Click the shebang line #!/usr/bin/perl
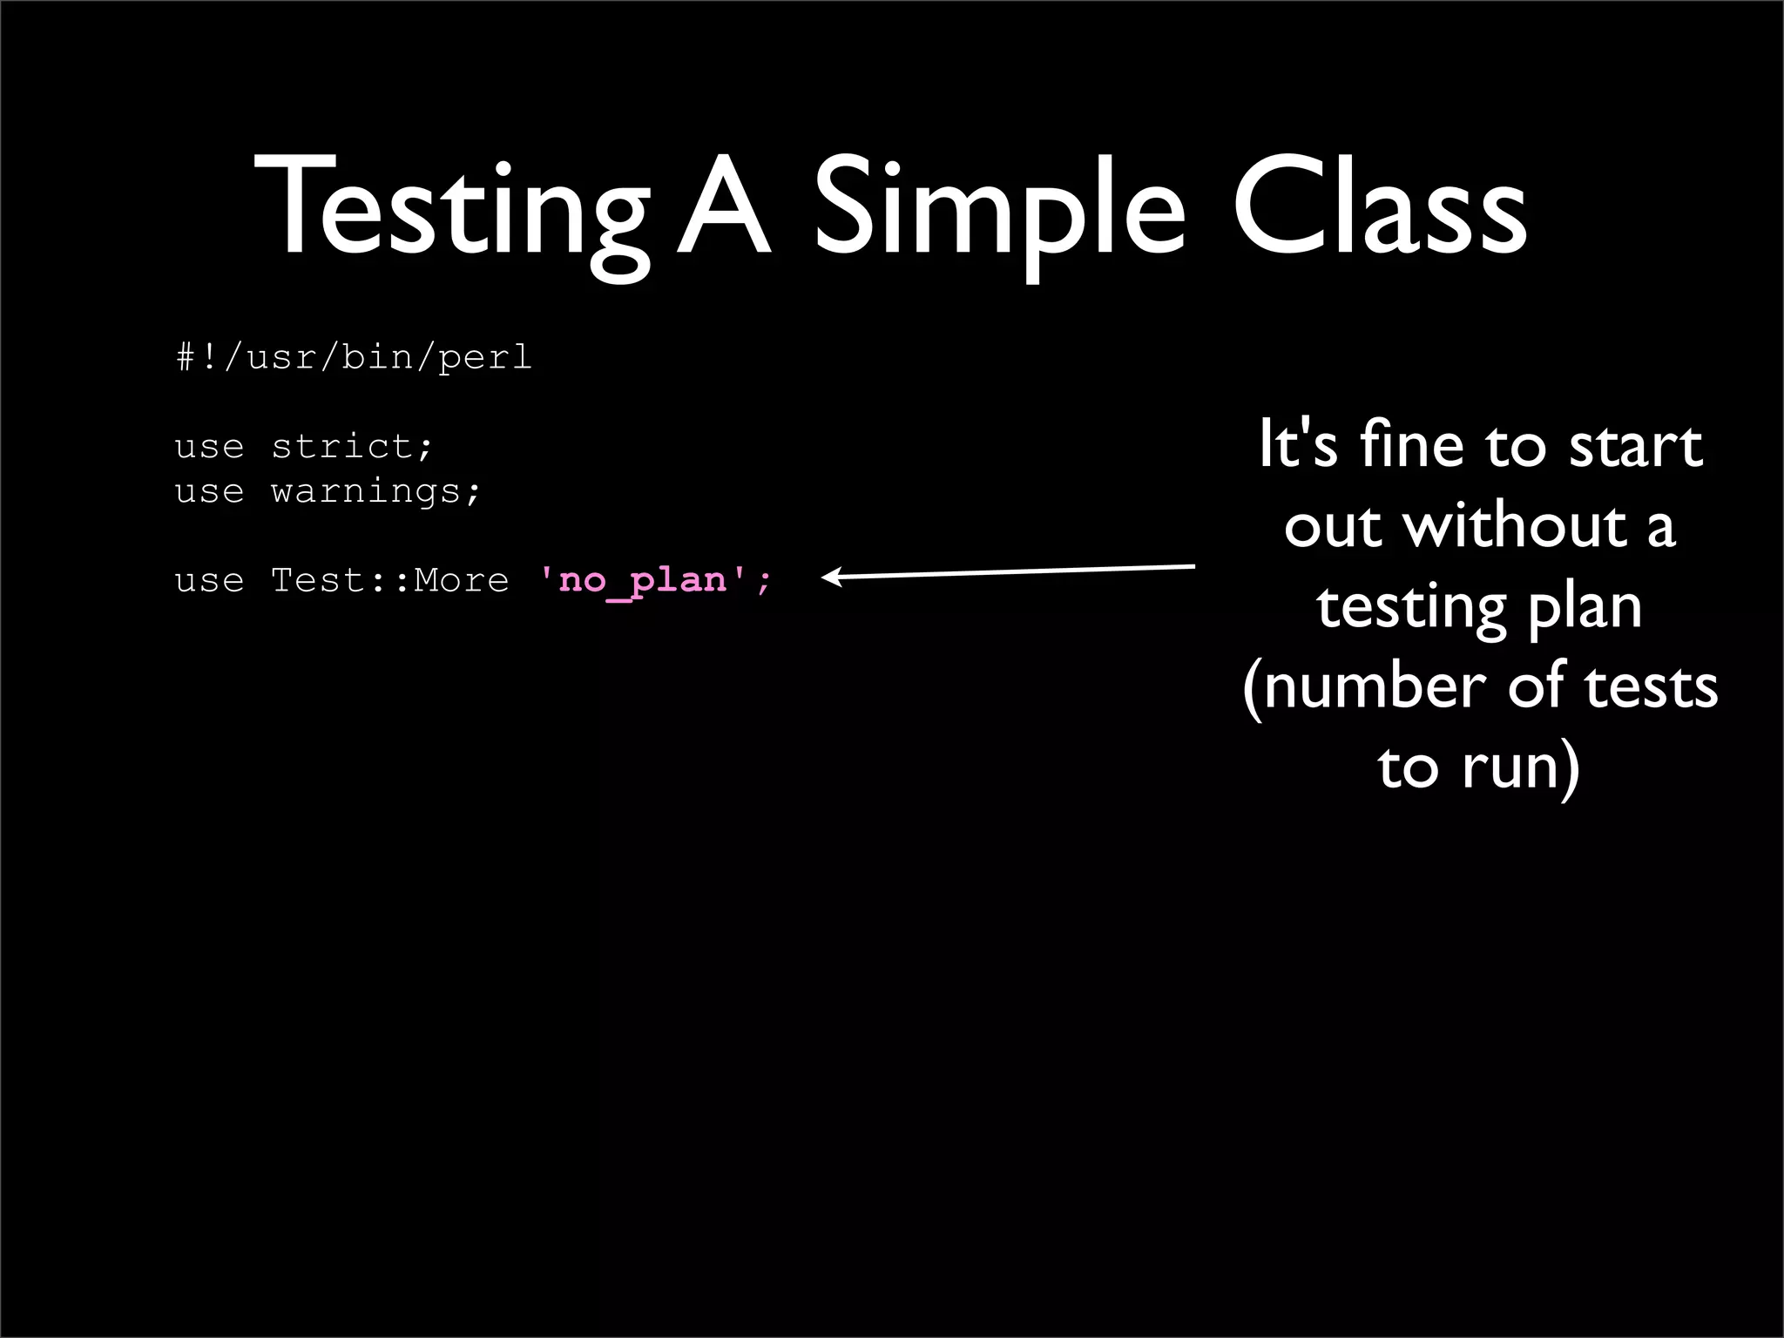(354, 357)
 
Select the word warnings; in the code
(375, 491)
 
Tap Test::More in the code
(389, 580)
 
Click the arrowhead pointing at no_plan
(831, 577)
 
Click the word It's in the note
(1298, 445)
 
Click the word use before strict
(209, 447)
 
